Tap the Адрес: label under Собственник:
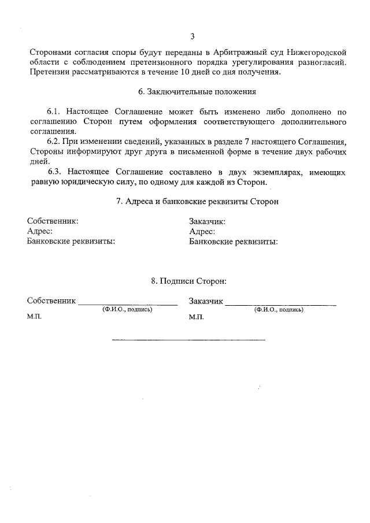pyautogui.click(x=40, y=231)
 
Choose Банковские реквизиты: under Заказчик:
pyautogui.click(x=233, y=242)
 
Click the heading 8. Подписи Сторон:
pyautogui.click(x=188, y=281)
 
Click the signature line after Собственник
pyautogui.click(x=128, y=302)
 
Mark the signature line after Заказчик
pyautogui.click(x=280, y=302)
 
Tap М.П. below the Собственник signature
pyautogui.click(x=34, y=317)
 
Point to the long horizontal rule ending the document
pyautogui.click(x=188, y=339)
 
